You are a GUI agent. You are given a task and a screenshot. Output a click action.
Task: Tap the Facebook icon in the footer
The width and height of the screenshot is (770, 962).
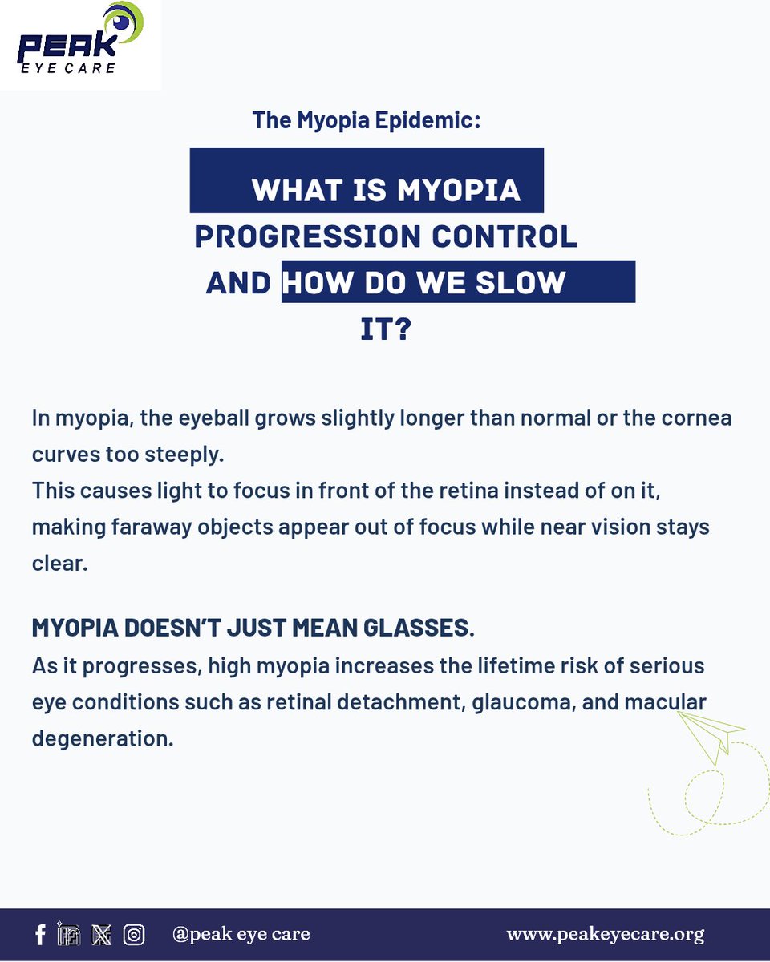40,934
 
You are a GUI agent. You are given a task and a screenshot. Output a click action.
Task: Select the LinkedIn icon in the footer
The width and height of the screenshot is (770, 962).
69,934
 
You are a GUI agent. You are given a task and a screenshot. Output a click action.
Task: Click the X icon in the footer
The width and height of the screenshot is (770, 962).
102,934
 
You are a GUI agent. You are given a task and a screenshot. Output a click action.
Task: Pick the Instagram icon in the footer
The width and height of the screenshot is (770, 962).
134,934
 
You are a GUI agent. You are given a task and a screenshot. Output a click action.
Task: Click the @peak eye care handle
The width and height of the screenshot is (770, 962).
241,934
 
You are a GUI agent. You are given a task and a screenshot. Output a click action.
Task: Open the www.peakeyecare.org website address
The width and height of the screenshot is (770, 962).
605,934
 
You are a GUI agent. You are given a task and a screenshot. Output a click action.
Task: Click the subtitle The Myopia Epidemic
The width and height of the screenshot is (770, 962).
366,121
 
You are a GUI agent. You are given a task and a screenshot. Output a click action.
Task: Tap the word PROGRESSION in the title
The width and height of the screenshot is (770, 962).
308,237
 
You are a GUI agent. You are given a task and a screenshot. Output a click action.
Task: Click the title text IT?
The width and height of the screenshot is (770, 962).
385,329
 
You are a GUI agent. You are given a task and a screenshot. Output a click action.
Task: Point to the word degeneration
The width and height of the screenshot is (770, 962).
102,738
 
